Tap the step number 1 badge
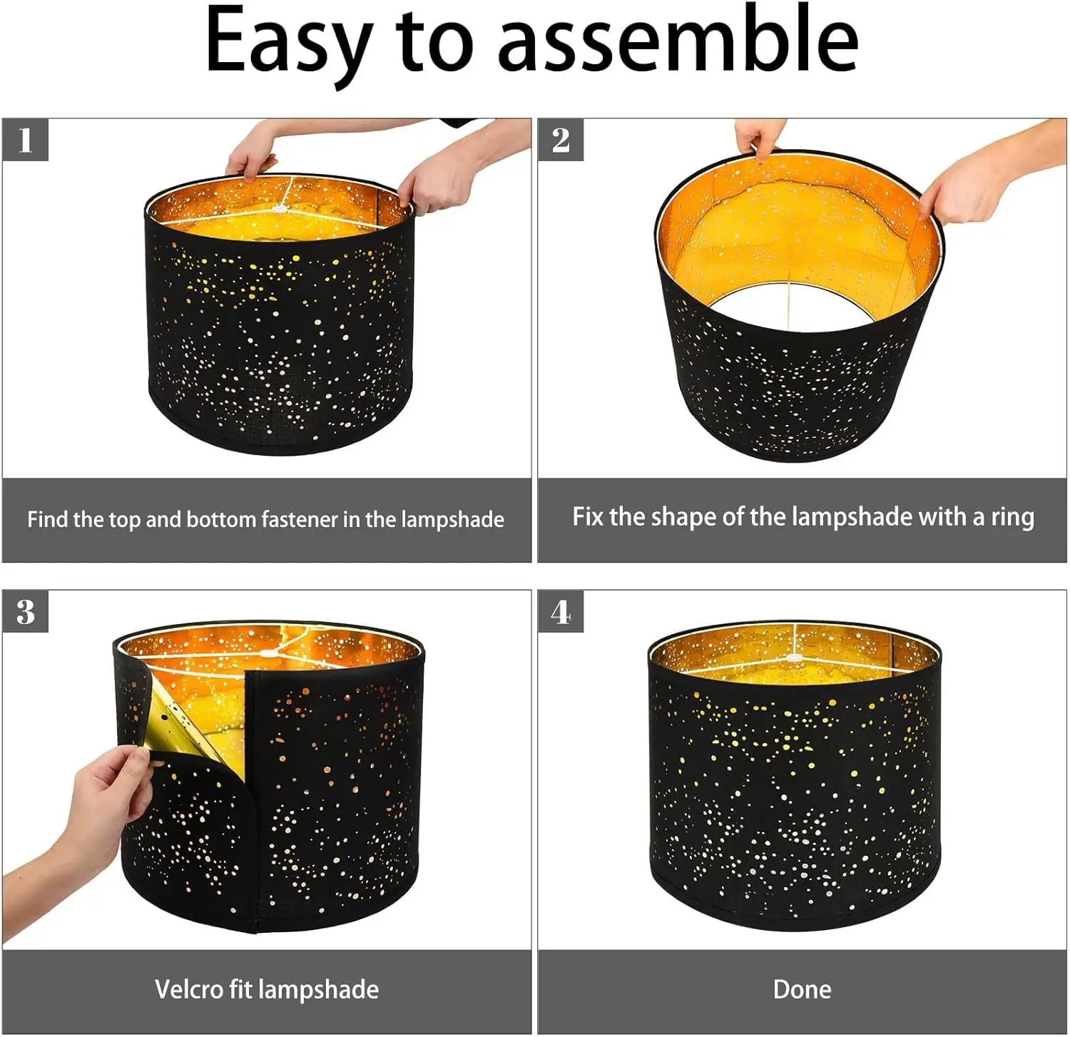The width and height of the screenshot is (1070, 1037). tap(26, 140)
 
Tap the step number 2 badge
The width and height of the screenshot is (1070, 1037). tap(561, 140)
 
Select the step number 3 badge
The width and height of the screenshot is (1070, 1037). tap(26, 612)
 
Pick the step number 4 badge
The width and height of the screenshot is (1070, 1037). tap(561, 612)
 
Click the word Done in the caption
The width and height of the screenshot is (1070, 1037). tap(802, 989)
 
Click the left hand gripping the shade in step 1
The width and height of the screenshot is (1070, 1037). tap(250, 153)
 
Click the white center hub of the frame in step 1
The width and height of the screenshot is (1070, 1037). tap(279, 210)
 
